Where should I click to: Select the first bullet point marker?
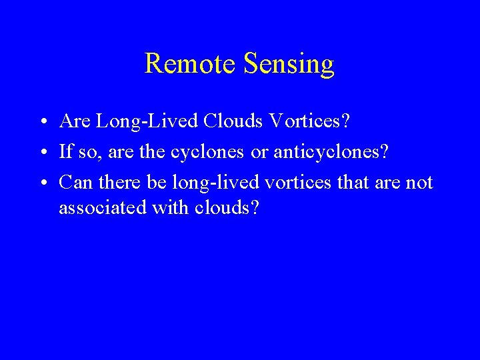pos(42,123)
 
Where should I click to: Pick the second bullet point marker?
pos(42,153)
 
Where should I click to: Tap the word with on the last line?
pos(171,207)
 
